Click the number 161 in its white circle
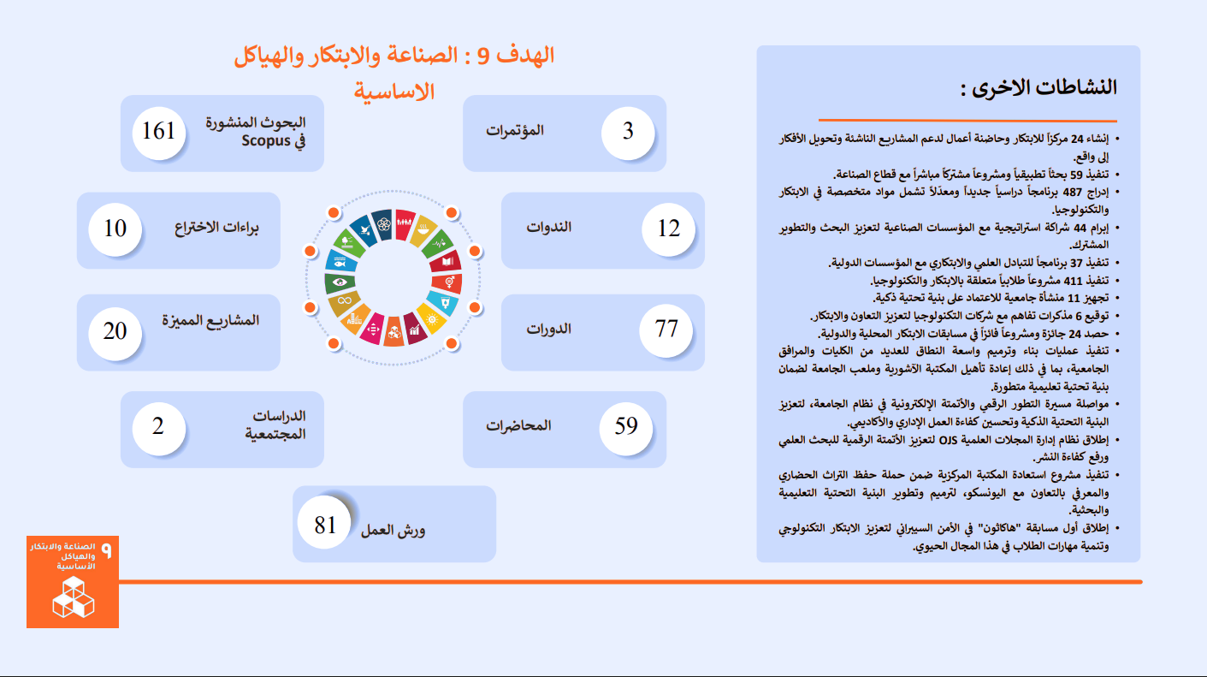tap(158, 131)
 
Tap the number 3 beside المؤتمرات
tap(628, 131)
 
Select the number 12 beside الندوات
tap(669, 229)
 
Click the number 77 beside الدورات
tap(666, 329)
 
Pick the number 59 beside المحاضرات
tap(626, 426)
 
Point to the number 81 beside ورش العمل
tap(325, 525)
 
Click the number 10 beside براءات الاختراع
tap(115, 229)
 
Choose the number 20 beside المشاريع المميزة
tap(115, 331)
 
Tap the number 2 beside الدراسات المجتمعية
tap(158, 426)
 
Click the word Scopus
tap(266, 140)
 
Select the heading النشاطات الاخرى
tap(1038, 87)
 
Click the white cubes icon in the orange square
tap(74, 597)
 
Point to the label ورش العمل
tap(393, 531)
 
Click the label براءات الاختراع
tap(216, 228)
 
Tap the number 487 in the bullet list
tap(1073, 192)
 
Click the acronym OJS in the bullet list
tap(949, 441)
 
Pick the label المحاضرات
tap(518, 425)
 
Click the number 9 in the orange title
tap(484, 56)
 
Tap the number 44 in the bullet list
tap(1077, 228)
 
